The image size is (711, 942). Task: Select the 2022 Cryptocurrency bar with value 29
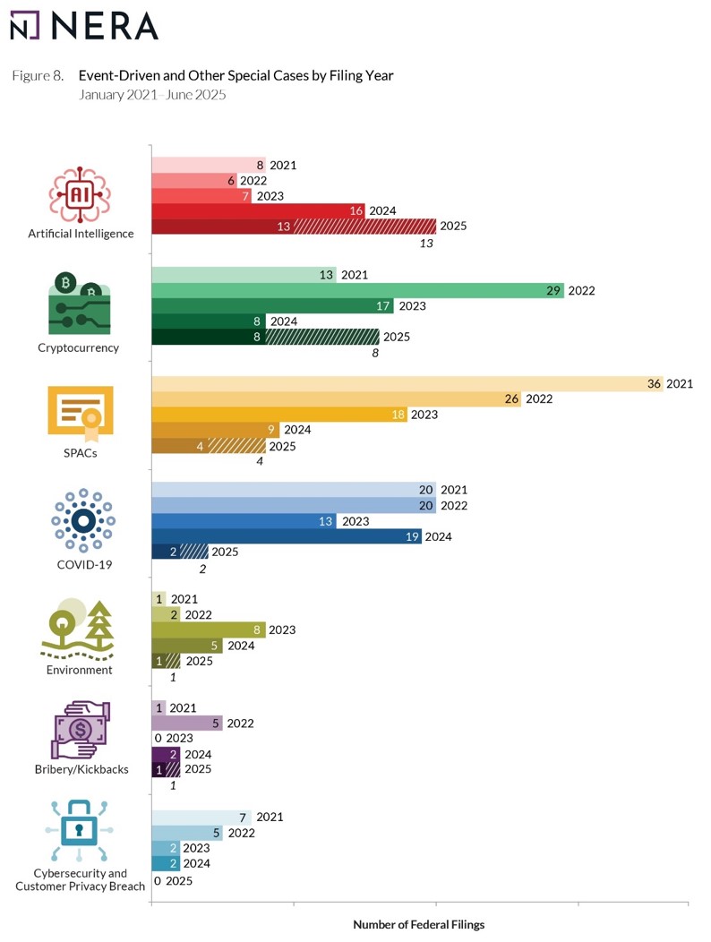(357, 291)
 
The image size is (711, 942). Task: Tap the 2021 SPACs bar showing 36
(407, 384)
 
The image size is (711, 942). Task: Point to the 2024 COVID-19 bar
(286, 537)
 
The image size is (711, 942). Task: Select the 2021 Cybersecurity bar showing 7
(201, 817)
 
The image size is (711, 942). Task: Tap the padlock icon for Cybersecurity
(80, 831)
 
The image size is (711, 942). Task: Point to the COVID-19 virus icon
(82, 521)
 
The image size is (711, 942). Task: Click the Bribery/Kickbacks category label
(81, 769)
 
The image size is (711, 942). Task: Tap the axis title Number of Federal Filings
(418, 924)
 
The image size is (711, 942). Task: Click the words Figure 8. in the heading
(37, 76)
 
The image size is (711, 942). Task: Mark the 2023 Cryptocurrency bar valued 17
(272, 306)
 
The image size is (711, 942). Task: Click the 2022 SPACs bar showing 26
(337, 399)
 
